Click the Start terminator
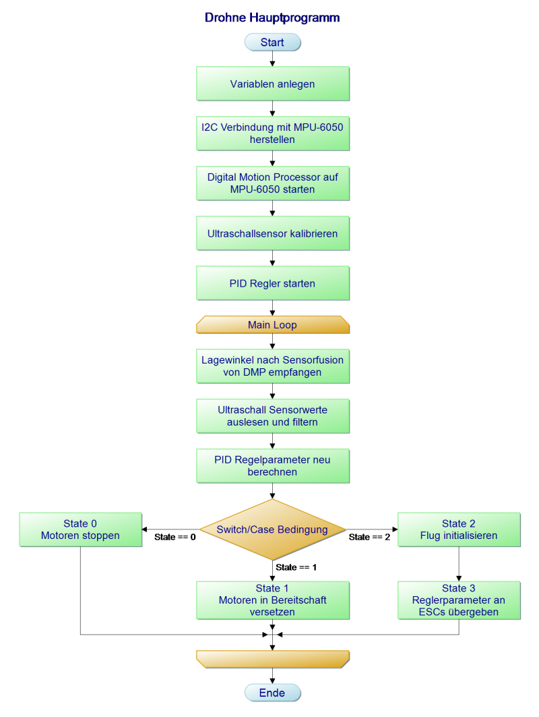(272, 42)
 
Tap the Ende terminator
(272, 693)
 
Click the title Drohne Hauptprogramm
(272, 18)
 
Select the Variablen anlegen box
(272, 84)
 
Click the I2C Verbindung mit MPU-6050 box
(272, 134)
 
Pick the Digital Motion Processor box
(272, 183)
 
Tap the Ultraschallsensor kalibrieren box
(272, 233)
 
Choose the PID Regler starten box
(272, 283)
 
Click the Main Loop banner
(272, 325)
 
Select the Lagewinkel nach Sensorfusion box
(272, 366)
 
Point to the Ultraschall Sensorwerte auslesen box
(272, 416)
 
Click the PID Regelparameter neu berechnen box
(272, 466)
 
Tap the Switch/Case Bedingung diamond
(272, 529)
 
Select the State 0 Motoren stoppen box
(80, 529)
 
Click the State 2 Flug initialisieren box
(459, 529)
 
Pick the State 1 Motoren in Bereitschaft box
(272, 600)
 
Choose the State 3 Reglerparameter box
(459, 600)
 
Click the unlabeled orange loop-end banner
(272, 659)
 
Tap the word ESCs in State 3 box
(433, 612)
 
